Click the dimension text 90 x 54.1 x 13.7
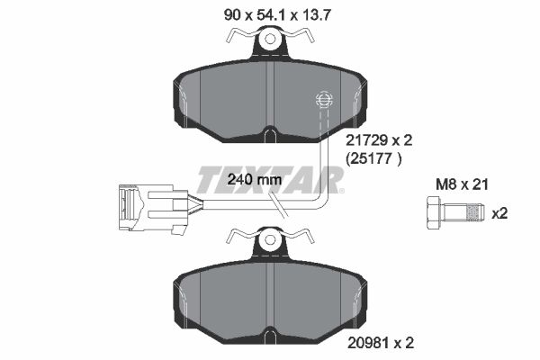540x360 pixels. pos(277,15)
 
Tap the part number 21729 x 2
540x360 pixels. pos(379,140)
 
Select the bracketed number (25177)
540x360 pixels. pos(373,158)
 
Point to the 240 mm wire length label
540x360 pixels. pos(255,179)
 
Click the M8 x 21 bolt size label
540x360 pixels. pos(463,185)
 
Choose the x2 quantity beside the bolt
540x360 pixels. pos(499,213)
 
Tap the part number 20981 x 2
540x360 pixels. pos(381,343)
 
